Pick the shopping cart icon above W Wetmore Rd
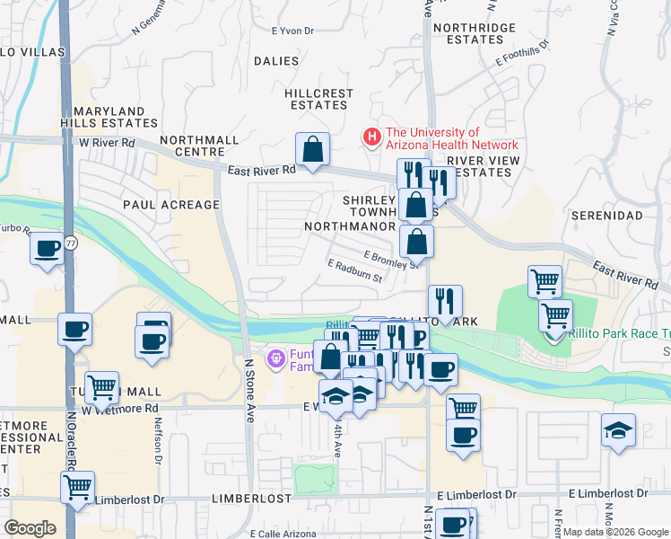point(101,387)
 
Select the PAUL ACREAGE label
point(170,205)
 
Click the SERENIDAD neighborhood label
point(607,216)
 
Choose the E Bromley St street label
point(392,260)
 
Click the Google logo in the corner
point(30,527)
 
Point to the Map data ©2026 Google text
point(614,532)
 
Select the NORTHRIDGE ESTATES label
point(474,34)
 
